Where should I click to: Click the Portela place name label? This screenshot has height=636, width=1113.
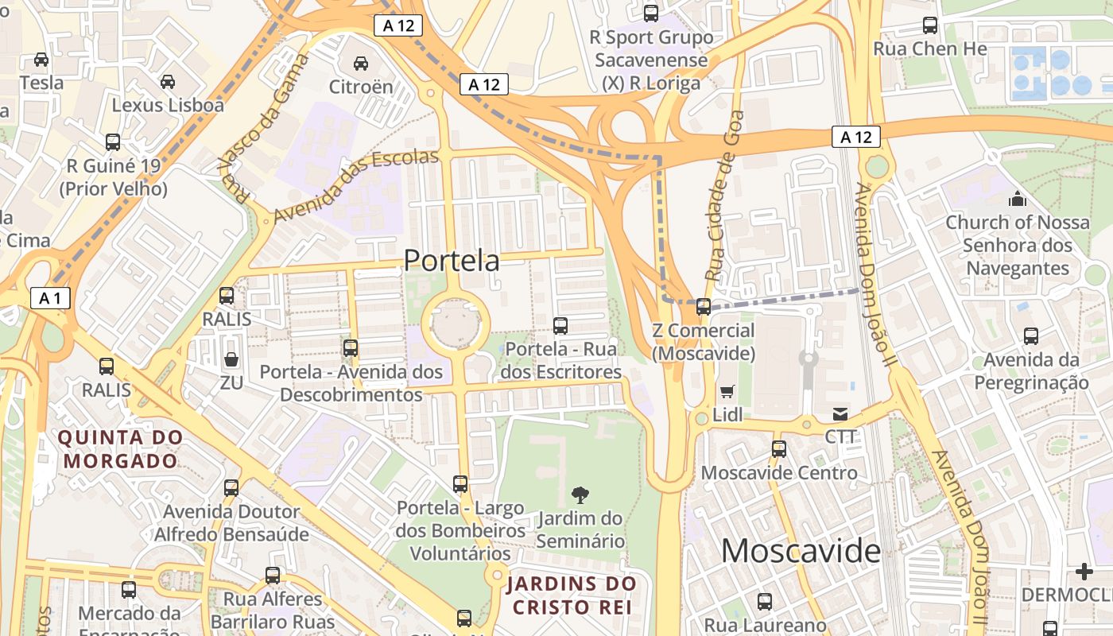point(452,261)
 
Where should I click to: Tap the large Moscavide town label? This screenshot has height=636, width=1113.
point(801,551)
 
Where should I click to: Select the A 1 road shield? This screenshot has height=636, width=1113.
point(50,298)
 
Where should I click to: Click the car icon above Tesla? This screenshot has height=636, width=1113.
point(41,60)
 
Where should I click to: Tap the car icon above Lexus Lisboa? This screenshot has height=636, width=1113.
point(168,82)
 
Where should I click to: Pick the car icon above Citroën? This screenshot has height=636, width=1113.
point(361,64)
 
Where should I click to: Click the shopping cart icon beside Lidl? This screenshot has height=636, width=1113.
point(727,391)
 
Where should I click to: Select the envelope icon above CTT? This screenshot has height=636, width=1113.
point(840,414)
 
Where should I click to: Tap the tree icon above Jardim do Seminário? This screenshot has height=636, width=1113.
point(580,495)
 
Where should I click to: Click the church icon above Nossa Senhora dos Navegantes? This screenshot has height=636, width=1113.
point(1017,199)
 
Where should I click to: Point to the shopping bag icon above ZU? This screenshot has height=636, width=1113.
point(231,359)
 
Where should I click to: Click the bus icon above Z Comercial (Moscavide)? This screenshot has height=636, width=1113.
point(704,307)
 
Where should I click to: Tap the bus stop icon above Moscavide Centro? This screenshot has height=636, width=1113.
point(779,449)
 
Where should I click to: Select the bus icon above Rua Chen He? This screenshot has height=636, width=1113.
point(930,25)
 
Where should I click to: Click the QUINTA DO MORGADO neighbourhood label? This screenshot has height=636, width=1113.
point(121,449)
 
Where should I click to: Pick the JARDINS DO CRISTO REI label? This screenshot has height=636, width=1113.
point(572,595)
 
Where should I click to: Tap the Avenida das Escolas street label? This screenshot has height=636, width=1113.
point(355,185)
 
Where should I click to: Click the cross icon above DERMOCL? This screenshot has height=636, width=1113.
point(1084,572)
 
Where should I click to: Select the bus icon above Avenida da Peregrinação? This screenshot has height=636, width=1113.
point(1031,336)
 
